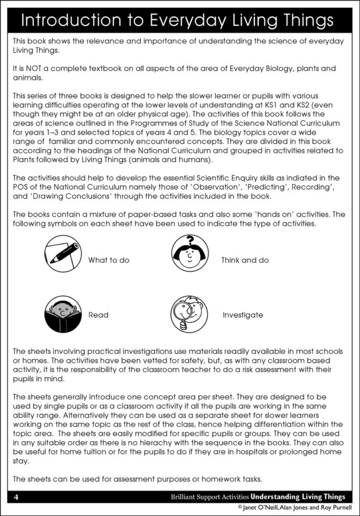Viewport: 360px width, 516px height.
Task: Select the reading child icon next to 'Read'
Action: point(63,315)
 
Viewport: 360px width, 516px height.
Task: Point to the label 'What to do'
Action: point(109,260)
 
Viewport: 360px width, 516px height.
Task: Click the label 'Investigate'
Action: point(242,315)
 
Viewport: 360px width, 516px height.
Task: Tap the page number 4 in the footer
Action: point(16,497)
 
